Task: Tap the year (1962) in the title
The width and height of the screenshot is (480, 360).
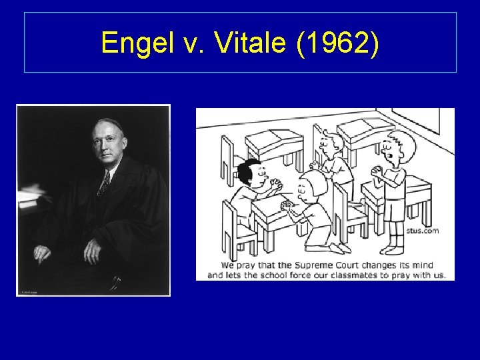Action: [x=340, y=43]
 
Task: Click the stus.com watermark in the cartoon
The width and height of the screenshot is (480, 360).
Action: [x=422, y=231]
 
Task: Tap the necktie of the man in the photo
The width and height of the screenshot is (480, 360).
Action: [x=104, y=183]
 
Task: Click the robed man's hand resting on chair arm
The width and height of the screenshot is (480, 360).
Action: [x=42, y=253]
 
